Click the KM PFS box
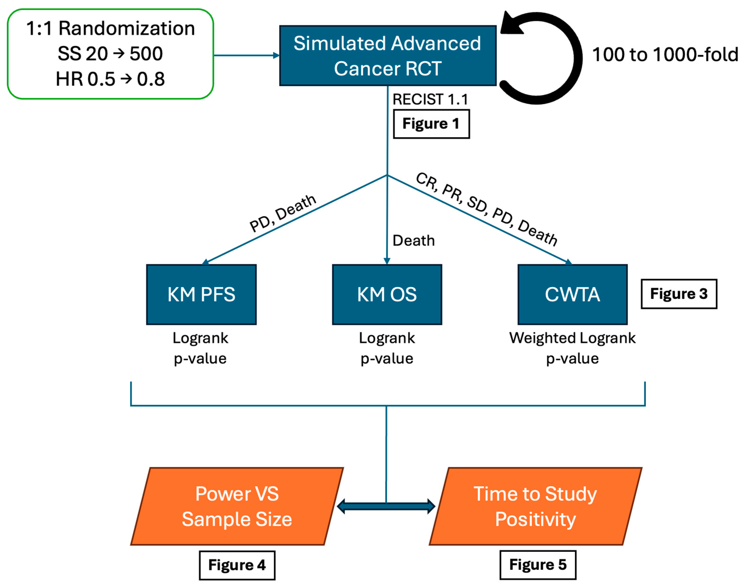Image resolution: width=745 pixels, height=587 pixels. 201,294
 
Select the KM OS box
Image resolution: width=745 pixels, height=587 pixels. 387,294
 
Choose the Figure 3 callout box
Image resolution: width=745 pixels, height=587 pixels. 678,293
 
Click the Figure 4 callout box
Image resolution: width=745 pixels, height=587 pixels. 237,565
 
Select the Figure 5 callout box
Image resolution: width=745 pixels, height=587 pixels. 537,564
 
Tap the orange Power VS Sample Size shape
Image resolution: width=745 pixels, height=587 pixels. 237,506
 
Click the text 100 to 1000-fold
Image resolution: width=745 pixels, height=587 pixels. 665,54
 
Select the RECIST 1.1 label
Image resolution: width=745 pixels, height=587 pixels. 430,99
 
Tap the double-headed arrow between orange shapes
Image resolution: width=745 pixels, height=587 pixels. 386,506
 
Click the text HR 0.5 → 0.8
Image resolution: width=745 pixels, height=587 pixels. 110,79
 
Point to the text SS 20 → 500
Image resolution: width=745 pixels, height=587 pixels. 110,54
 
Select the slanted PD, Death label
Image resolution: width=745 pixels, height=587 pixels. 282,213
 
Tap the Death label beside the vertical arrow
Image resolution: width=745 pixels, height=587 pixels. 413,241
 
